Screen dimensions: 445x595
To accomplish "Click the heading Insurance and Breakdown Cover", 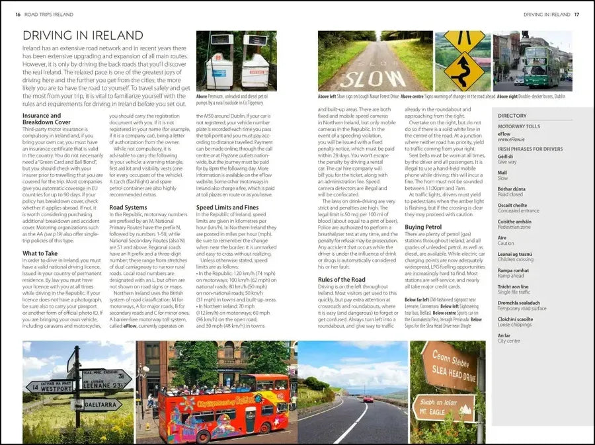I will tap(46, 119).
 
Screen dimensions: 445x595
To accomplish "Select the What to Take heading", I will tap(40, 253).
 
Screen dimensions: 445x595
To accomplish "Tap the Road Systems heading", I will tap(128, 207).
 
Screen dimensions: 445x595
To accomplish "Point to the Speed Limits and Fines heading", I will tap(227, 207).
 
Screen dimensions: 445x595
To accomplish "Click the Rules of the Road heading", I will tap(342, 279).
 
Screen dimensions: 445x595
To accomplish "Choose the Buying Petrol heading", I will tap(424, 227).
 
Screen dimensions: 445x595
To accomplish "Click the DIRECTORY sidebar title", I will tap(512, 116).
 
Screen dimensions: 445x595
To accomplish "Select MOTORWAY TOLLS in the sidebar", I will tap(519, 126).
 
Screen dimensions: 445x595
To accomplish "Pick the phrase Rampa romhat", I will tap(513, 270).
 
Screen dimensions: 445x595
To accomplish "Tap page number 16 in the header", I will tap(18, 14).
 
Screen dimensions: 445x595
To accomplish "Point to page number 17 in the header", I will tap(576, 14).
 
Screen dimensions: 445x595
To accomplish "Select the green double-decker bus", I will tap(541, 67).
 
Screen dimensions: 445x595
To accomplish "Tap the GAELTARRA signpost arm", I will tap(99, 404).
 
